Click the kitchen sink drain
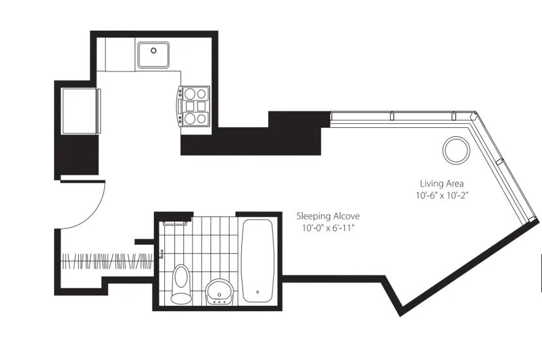[153, 50]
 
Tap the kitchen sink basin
[153, 55]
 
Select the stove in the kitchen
[194, 106]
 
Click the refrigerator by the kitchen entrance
[81, 111]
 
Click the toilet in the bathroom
[181, 284]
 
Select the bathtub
[258, 261]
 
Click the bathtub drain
[258, 292]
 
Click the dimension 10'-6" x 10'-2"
[442, 196]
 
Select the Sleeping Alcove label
[328, 216]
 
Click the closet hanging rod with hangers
[107, 262]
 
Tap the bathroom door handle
[161, 254]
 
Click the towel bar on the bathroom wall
[175, 224]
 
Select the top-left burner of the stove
[190, 94]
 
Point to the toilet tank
[181, 298]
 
